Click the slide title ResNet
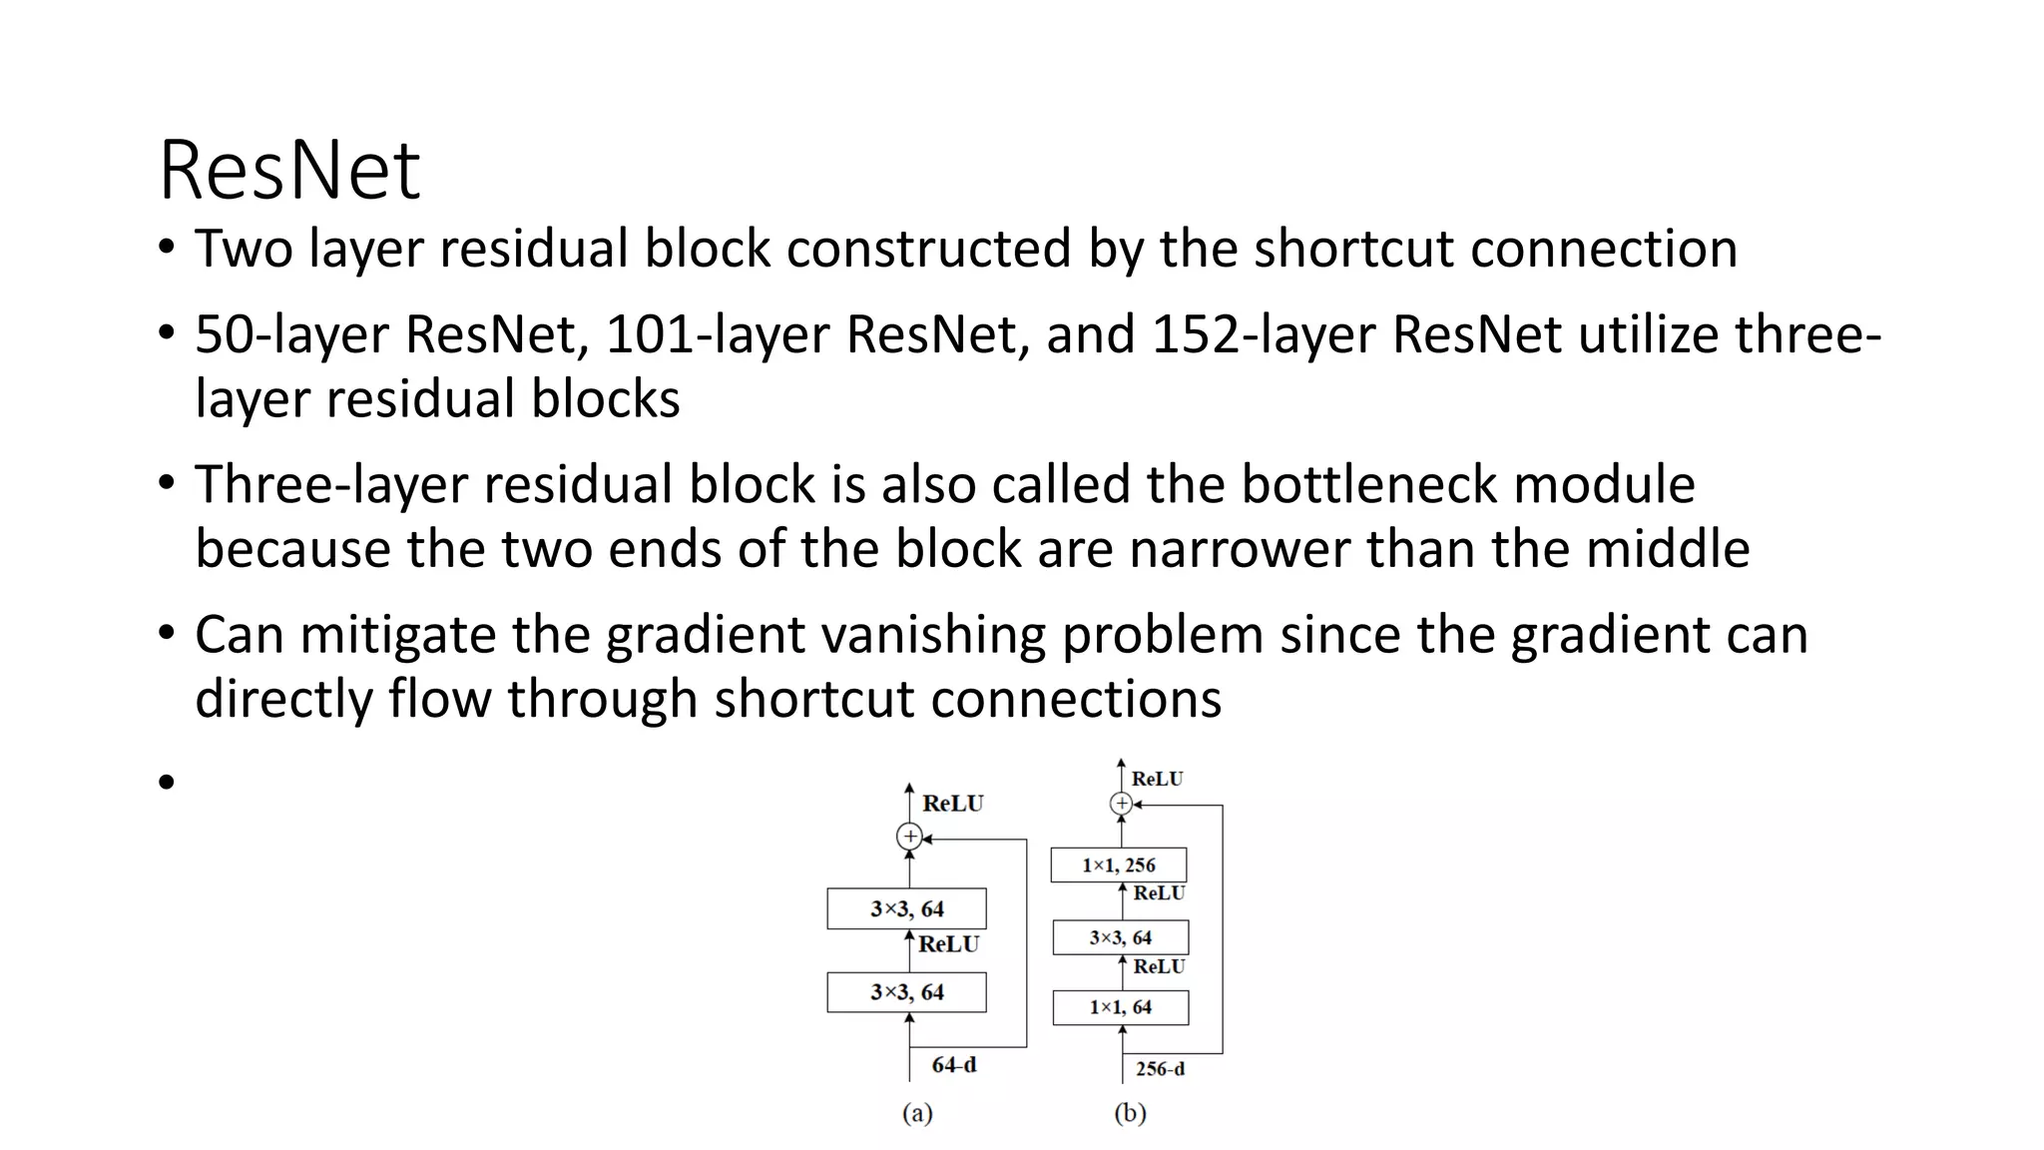pyautogui.click(x=289, y=171)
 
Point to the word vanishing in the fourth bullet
pyautogui.click(x=933, y=635)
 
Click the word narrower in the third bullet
pyautogui.click(x=1238, y=549)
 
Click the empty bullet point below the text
pyautogui.click(x=166, y=782)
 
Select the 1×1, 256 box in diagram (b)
pyautogui.click(x=1119, y=865)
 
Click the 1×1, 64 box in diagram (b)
pyautogui.click(x=1120, y=1007)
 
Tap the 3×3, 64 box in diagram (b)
pyautogui.click(x=1120, y=937)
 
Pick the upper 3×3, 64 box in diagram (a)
pyautogui.click(x=906, y=908)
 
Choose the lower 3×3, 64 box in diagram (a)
pyautogui.click(x=906, y=992)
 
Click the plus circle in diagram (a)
pyautogui.click(x=909, y=837)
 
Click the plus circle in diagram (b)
pyautogui.click(x=1121, y=804)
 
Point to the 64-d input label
pyautogui.click(x=954, y=1065)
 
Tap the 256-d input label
pyautogui.click(x=1160, y=1069)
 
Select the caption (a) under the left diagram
pyautogui.click(x=917, y=1114)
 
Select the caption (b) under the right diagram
pyautogui.click(x=1130, y=1114)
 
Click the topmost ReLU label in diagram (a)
pyautogui.click(x=952, y=804)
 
